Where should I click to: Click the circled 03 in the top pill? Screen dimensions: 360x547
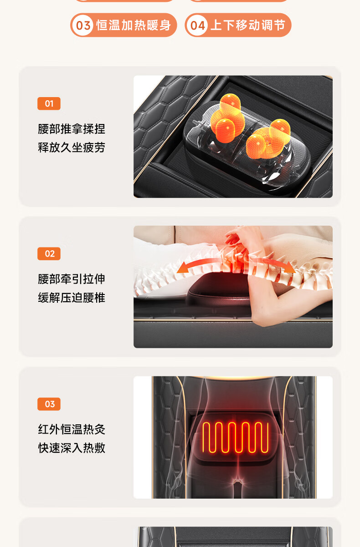pos(83,25)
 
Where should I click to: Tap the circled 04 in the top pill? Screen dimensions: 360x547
pos(197,25)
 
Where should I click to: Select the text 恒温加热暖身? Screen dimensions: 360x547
pos(134,25)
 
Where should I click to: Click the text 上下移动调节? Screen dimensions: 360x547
pos(248,25)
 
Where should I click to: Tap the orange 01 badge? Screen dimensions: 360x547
pos(49,103)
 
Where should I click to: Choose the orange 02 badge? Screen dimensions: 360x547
pos(49,254)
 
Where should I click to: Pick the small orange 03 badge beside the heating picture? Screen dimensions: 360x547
pos(49,404)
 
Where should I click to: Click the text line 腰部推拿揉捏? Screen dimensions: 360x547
pos(72,129)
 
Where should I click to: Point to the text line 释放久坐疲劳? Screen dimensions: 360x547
pos(72,148)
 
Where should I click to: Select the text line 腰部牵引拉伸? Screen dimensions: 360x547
pos(72,279)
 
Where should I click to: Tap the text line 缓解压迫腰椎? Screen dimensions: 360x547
pos(72,298)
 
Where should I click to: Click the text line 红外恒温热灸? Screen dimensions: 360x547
pos(72,429)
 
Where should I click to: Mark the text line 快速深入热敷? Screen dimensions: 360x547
pos(72,448)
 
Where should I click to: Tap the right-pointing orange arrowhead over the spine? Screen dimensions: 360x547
pos(290,267)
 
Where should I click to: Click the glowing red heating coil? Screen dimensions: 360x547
pos(236,437)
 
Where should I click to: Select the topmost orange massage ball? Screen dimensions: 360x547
pos(230,103)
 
